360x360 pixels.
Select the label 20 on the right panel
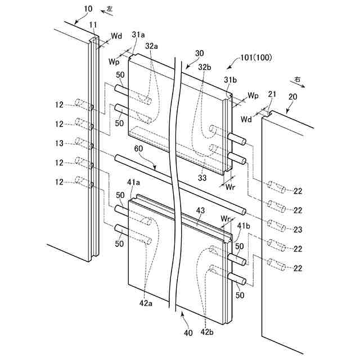point(292,96)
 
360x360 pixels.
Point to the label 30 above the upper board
point(199,53)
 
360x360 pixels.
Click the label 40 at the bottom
point(188,332)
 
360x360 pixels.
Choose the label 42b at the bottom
point(208,332)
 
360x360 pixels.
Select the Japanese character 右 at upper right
point(297,80)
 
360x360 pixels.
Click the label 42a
point(145,303)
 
